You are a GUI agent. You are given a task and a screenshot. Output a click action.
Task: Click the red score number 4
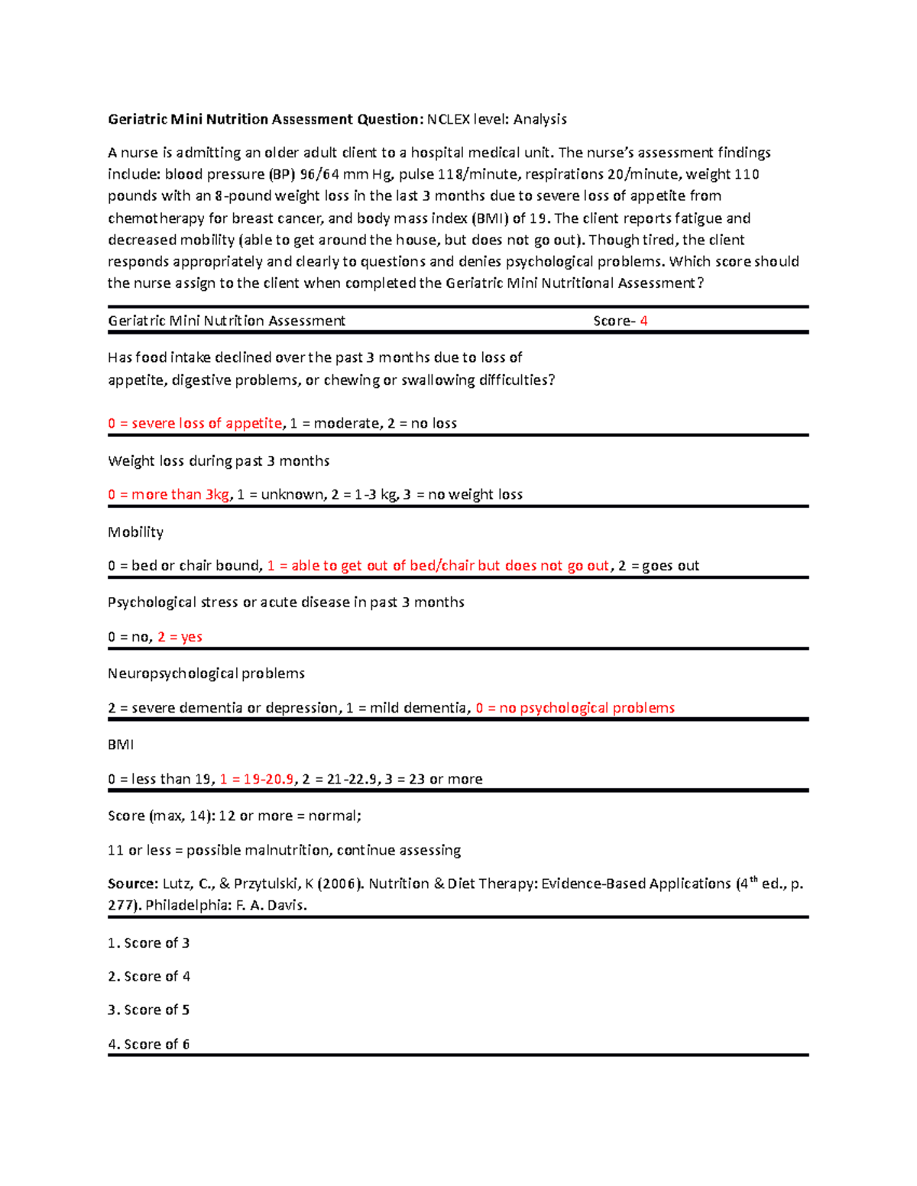(x=643, y=321)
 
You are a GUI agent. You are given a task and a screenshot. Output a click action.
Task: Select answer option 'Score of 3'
(x=149, y=943)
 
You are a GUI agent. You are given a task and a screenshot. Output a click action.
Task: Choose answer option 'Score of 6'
(x=149, y=1044)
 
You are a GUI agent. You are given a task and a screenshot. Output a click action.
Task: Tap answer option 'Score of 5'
(x=149, y=1010)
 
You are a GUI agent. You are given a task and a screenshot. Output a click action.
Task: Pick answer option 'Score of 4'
(x=149, y=977)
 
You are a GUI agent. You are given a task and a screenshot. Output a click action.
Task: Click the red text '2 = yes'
(x=180, y=637)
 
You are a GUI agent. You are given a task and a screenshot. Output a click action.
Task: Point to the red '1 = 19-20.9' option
(x=257, y=779)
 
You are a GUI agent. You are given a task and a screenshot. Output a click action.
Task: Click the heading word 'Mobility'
(x=135, y=532)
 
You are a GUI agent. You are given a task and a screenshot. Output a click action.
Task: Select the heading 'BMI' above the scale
(x=121, y=745)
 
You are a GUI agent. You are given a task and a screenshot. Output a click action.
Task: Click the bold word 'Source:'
(x=132, y=884)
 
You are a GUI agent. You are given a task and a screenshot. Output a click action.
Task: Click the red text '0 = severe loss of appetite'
(x=195, y=423)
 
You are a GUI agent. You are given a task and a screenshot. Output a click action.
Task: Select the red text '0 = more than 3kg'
(x=168, y=495)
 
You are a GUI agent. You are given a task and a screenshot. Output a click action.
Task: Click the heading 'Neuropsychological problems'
(x=206, y=674)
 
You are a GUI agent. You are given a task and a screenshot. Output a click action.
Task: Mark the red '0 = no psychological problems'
(x=575, y=708)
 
